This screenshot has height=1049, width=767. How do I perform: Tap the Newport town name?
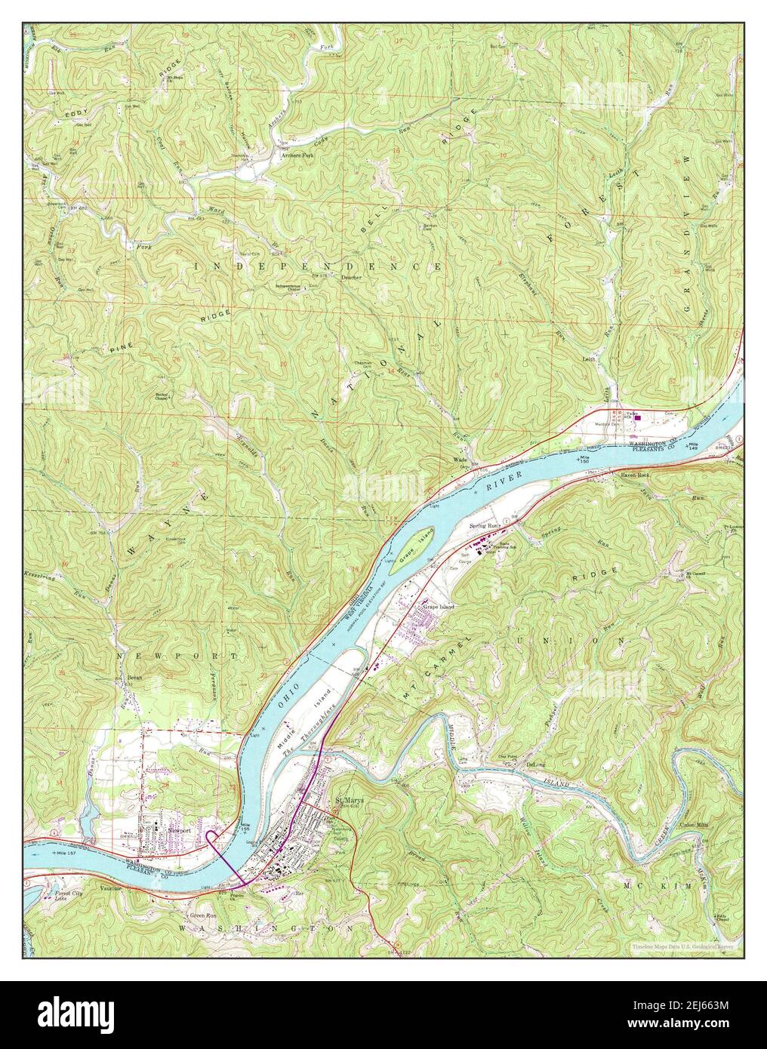(x=178, y=829)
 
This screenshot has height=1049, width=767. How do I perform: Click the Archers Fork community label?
(x=297, y=155)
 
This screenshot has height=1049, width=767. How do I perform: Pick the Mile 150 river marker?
(x=584, y=458)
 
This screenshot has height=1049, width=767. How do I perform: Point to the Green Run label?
(x=202, y=916)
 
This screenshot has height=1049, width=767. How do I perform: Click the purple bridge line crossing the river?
(x=226, y=860)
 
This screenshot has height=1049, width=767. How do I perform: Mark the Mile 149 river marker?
(x=692, y=447)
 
